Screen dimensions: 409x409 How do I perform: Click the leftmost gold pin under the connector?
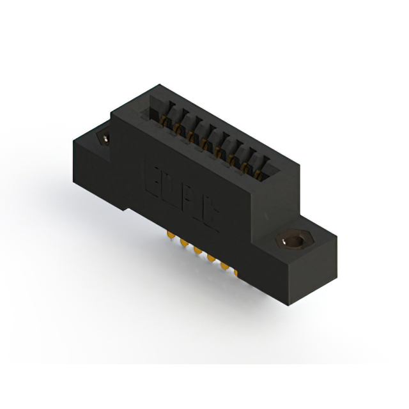(171, 237)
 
